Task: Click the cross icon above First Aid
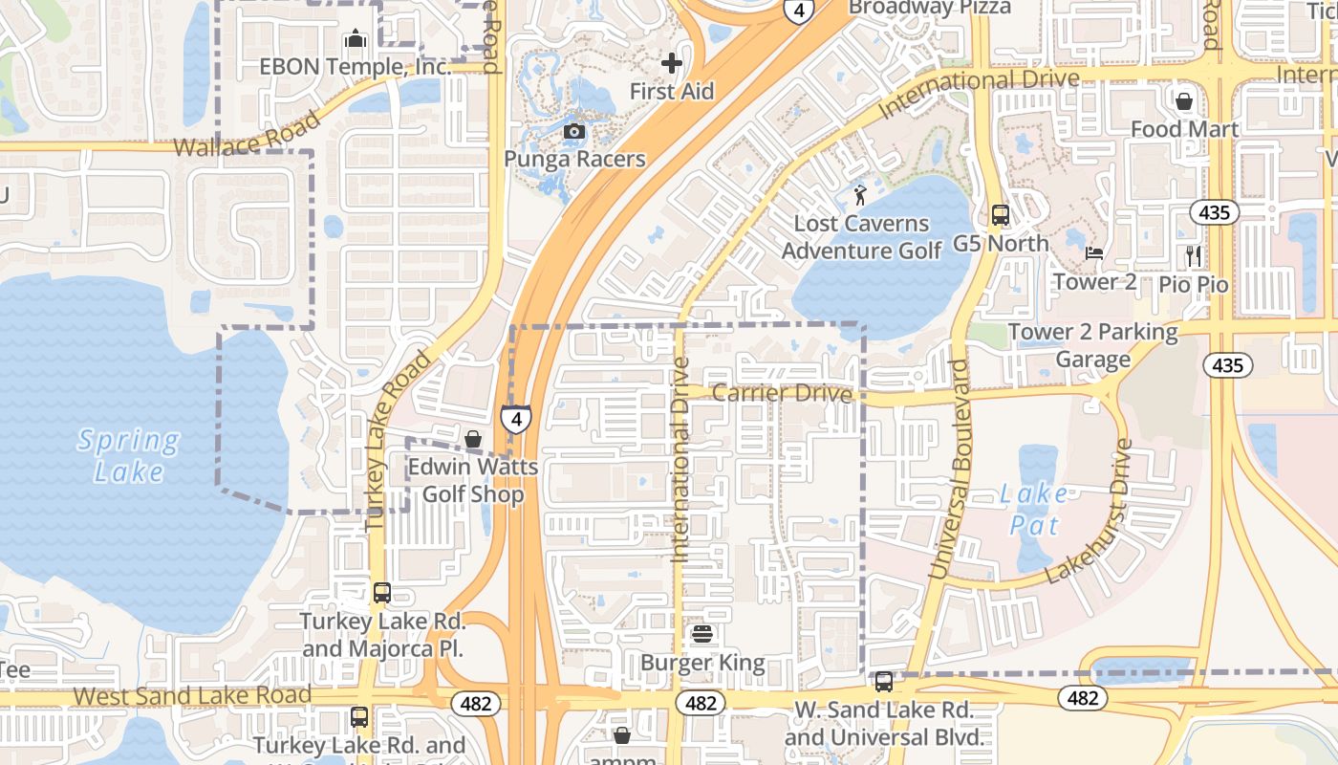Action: pyautogui.click(x=672, y=63)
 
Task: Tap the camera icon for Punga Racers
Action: pyautogui.click(x=574, y=131)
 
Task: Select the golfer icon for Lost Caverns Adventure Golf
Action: pyautogui.click(x=860, y=196)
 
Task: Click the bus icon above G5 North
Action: pyautogui.click(x=1001, y=215)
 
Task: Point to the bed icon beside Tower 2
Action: pyautogui.click(x=1095, y=253)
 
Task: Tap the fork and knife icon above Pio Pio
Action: pyautogui.click(x=1193, y=255)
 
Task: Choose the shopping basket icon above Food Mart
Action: pyautogui.click(x=1184, y=100)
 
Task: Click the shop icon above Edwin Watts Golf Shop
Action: pyautogui.click(x=472, y=439)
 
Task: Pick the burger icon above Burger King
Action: pyautogui.click(x=702, y=634)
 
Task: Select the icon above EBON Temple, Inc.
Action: pyautogui.click(x=356, y=38)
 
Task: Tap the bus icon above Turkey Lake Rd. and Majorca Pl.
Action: pyautogui.click(x=382, y=593)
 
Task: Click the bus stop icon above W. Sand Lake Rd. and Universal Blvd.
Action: pyautogui.click(x=884, y=682)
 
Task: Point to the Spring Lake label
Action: pyautogui.click(x=129, y=456)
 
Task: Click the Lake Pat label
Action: pyautogui.click(x=1033, y=510)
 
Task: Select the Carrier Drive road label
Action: pyautogui.click(x=782, y=393)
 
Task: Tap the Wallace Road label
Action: pyautogui.click(x=247, y=136)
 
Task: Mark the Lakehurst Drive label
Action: pyautogui.click(x=1090, y=513)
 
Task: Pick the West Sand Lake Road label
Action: pyautogui.click(x=192, y=695)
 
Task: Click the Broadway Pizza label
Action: pyautogui.click(x=929, y=8)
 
